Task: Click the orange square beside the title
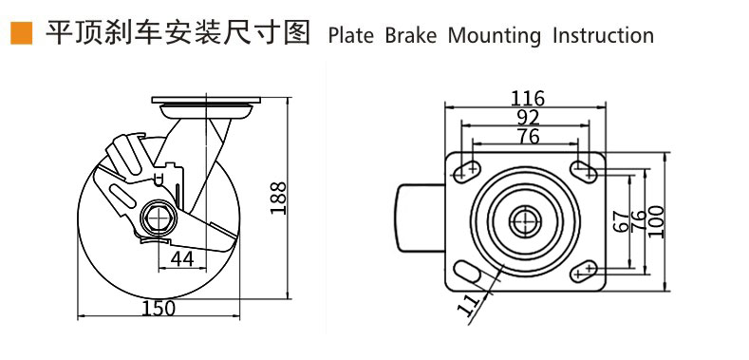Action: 22,33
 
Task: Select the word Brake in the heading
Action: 411,36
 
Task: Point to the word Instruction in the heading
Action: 603,36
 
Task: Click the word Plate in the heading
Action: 351,36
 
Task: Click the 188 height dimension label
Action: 278,199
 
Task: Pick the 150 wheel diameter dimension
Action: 159,308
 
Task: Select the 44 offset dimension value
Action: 182,258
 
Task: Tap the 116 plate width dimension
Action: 528,98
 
